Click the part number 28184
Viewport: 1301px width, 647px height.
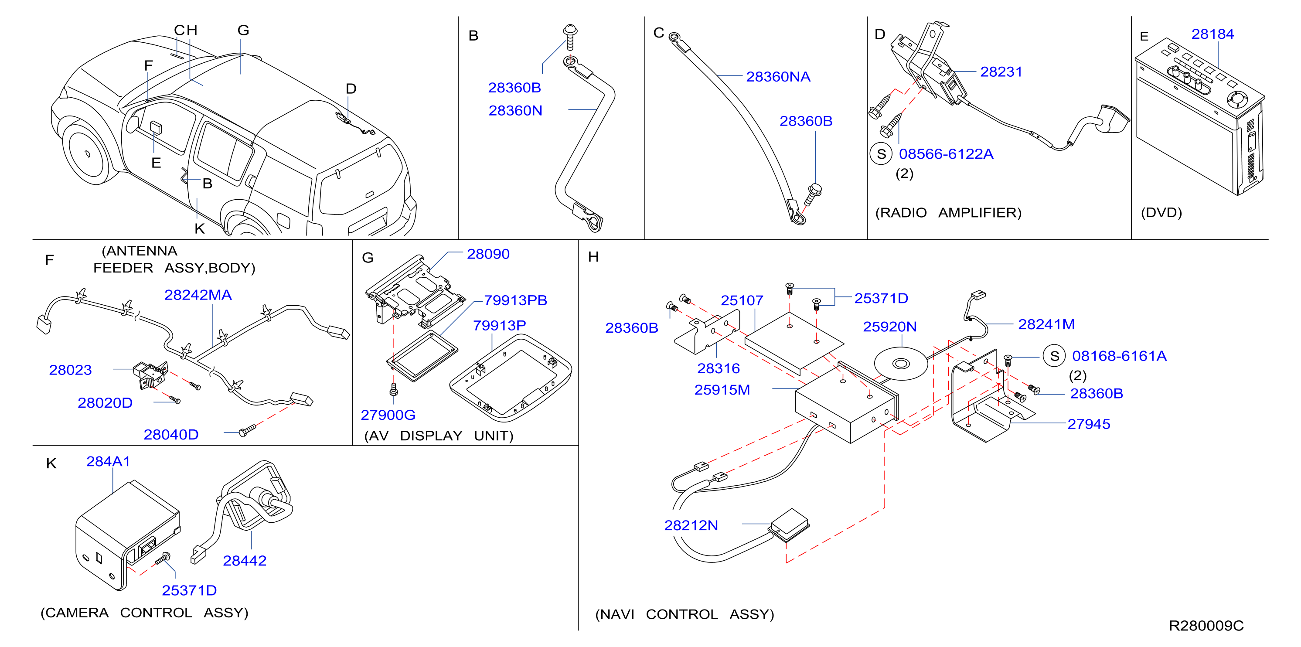[1212, 34]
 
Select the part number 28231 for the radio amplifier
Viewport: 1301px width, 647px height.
[1001, 72]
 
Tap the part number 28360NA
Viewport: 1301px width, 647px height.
[778, 77]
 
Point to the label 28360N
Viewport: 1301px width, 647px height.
[515, 111]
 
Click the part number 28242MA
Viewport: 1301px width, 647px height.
[198, 295]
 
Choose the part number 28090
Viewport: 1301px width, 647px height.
[488, 254]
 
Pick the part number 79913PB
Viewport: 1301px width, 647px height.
[515, 300]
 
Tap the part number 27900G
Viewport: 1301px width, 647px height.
[388, 415]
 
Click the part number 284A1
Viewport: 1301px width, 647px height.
[108, 462]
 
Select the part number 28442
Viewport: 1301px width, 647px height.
[245, 561]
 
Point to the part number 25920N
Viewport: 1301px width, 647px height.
[889, 327]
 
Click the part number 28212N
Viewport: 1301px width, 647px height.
[691, 526]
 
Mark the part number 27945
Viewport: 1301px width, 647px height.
[1088, 424]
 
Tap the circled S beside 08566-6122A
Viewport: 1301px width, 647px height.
[881, 154]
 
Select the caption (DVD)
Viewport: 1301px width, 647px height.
[1161, 213]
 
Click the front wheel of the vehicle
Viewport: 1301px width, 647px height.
[88, 153]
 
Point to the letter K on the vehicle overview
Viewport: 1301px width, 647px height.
[200, 229]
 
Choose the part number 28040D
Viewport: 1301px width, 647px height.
[171, 435]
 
